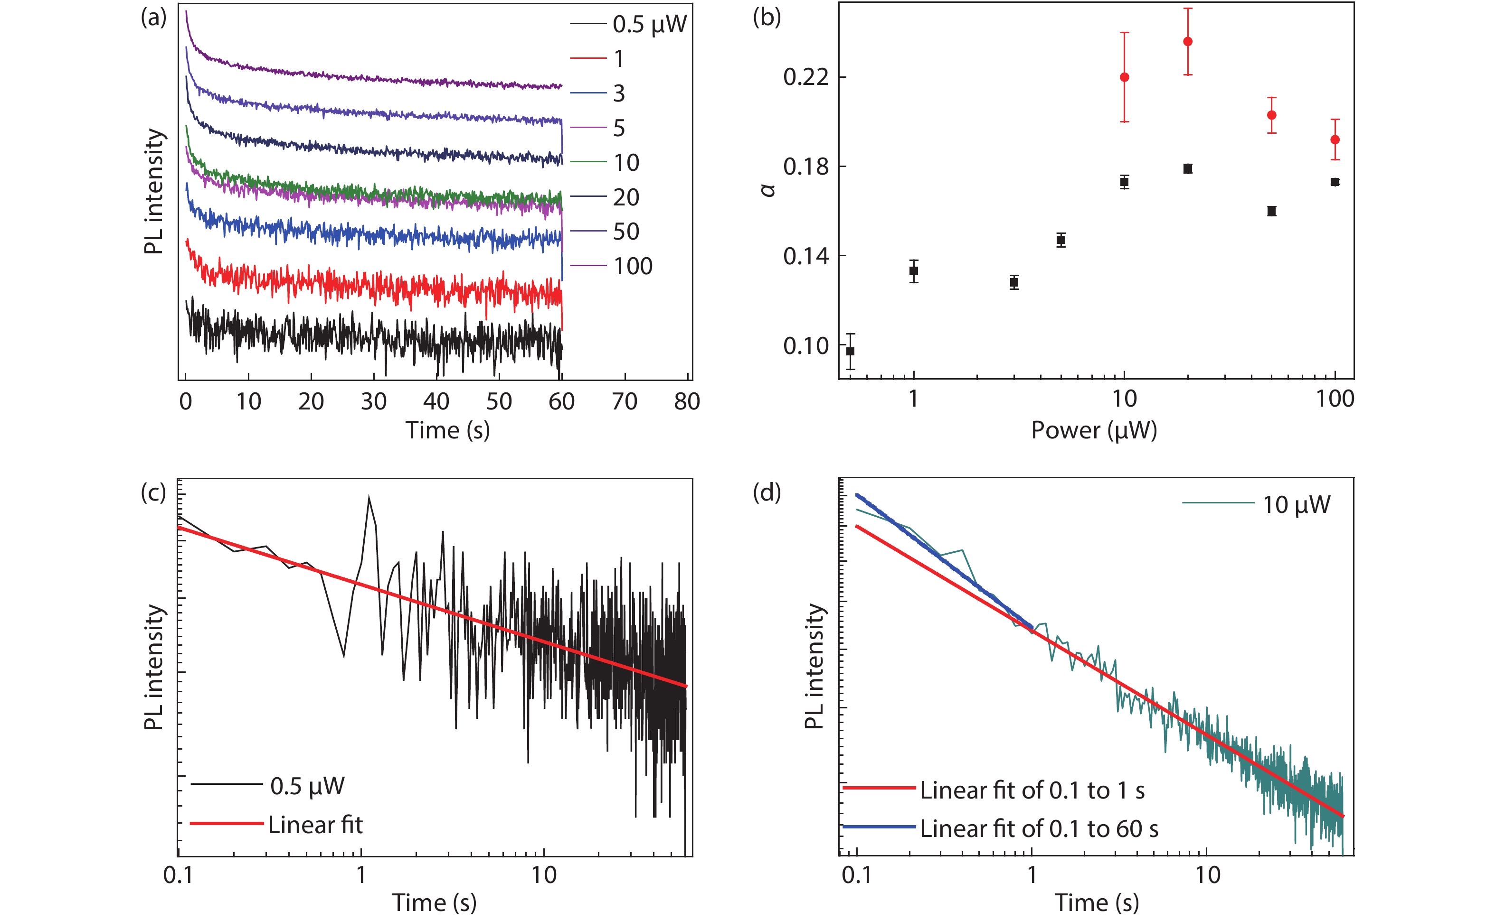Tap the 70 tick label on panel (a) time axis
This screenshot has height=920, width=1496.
(624, 401)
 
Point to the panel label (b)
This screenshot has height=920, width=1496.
(767, 17)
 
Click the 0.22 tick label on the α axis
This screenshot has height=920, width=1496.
(805, 77)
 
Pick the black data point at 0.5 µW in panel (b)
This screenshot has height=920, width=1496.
(851, 351)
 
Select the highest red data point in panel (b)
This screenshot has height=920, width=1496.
(1187, 41)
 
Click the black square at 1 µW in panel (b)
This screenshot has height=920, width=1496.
(913, 271)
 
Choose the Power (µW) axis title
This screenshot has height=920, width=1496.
(1094, 430)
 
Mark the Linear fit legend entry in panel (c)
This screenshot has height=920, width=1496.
(315, 825)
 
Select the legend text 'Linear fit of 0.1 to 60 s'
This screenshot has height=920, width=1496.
(1039, 829)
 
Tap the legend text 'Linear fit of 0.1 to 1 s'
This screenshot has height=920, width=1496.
(1032, 790)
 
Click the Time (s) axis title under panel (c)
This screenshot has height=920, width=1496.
(434, 902)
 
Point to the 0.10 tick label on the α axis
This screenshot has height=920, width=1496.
(805, 345)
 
